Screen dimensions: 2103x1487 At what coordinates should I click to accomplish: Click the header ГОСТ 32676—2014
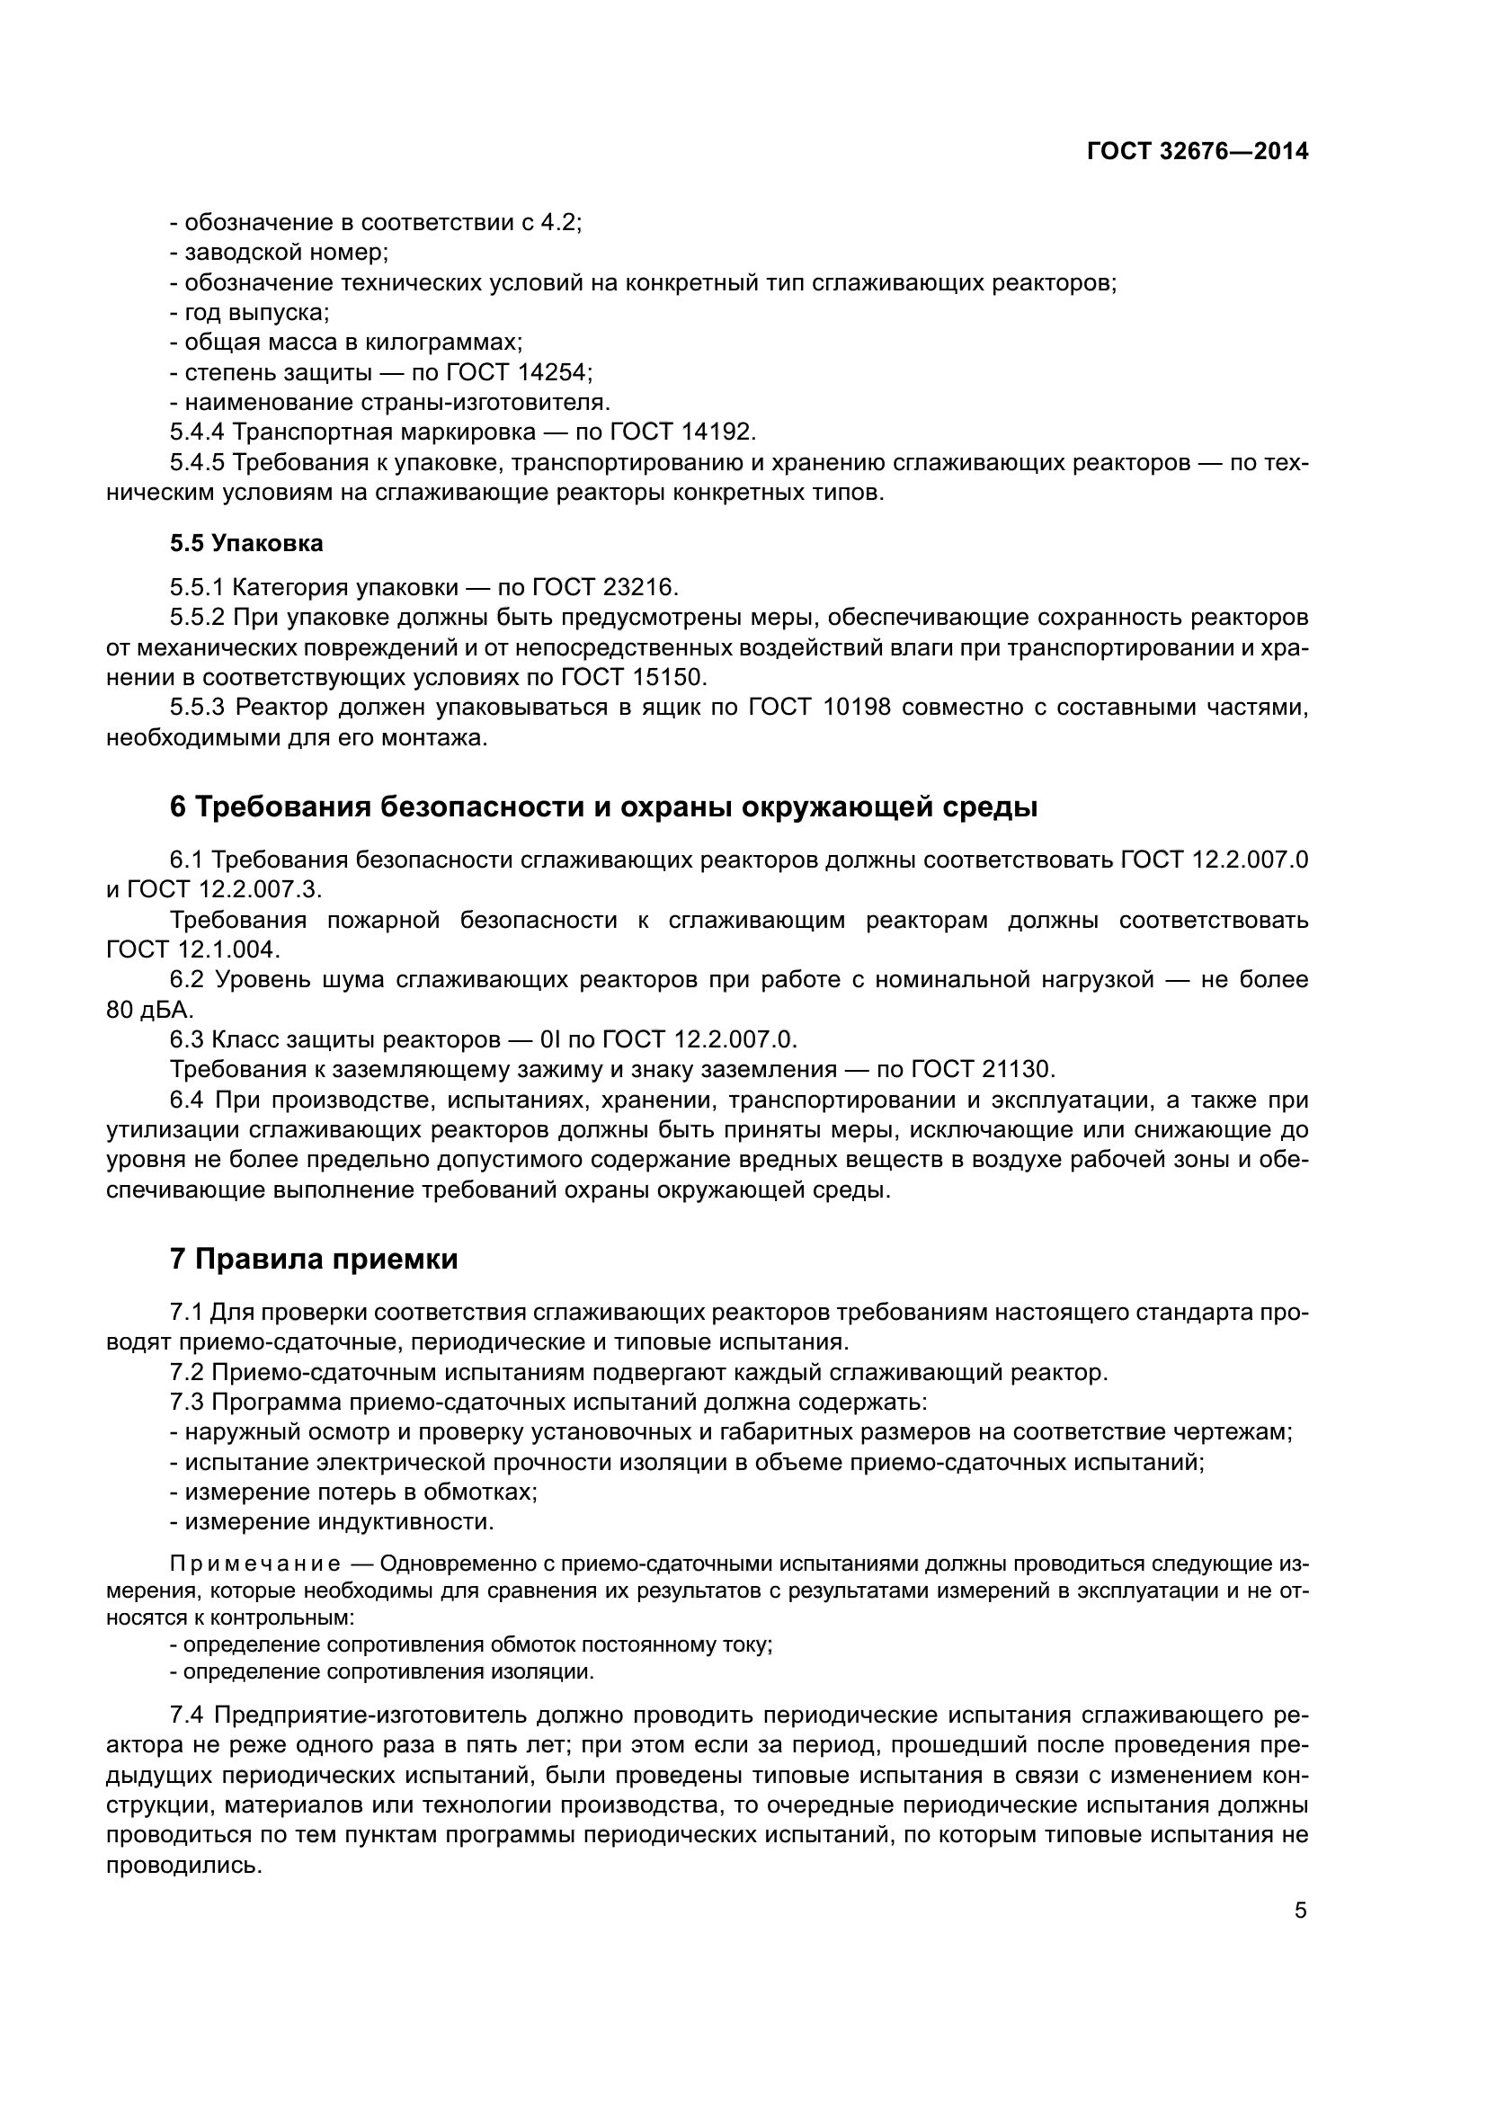(1197, 152)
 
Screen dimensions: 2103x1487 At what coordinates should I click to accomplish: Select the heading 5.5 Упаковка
(246, 543)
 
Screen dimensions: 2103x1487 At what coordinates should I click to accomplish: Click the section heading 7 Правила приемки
(314, 1260)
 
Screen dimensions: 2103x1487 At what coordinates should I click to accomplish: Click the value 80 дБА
(149, 1010)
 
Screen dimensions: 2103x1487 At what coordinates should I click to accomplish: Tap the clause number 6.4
(189, 1099)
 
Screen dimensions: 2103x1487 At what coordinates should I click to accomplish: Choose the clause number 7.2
(189, 1372)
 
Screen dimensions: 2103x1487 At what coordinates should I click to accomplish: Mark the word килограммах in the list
(443, 343)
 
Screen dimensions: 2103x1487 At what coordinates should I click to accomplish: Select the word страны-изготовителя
(483, 402)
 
